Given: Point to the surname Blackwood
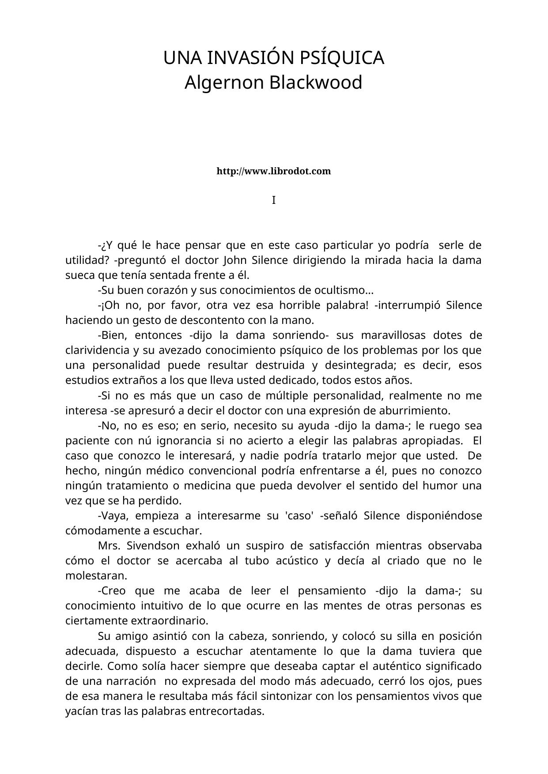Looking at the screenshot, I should tap(316, 83).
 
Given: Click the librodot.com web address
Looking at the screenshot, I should tap(273, 171).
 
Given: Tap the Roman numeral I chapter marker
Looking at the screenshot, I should tap(273, 200).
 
